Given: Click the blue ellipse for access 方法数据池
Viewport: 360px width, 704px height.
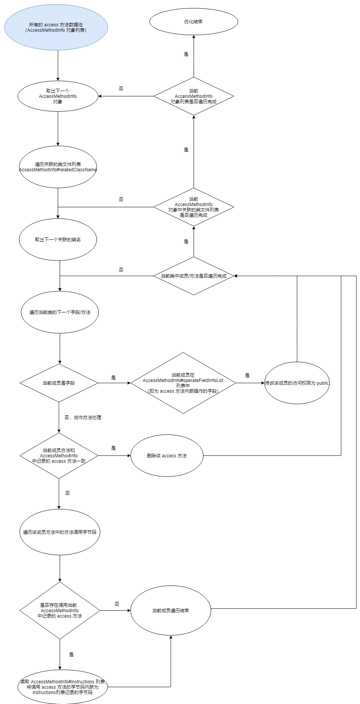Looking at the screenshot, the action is point(56,27).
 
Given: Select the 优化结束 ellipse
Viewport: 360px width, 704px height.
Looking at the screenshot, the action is point(194,22).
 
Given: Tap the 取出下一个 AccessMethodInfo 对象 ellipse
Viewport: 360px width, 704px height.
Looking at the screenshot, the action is point(58,96).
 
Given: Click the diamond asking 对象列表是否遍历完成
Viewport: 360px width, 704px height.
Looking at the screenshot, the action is point(194,96).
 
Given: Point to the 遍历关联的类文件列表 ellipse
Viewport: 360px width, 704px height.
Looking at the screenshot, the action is point(58,167).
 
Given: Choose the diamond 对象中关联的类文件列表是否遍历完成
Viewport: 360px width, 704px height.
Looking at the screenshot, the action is point(194,207).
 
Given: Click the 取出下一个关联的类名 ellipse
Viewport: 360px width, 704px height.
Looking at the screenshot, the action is point(58,240).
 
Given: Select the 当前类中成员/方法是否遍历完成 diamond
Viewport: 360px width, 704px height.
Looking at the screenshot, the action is point(194,276).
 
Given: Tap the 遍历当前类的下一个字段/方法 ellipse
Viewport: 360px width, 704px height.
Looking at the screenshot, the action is point(60,312).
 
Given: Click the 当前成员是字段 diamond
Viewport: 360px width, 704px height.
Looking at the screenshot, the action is point(59,383).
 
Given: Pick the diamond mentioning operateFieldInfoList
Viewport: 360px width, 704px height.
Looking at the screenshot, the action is point(183,383).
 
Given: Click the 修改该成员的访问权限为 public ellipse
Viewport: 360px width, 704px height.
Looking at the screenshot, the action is point(297,383).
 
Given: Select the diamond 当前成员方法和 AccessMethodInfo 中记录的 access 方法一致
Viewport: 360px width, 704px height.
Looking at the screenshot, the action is point(59,455).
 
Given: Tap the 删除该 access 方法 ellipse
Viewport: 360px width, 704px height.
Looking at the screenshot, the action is point(167,455).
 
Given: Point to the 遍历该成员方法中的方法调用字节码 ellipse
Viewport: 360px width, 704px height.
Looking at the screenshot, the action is point(60,532).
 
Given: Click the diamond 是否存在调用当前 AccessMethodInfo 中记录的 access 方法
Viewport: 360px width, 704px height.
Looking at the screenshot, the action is point(60,610).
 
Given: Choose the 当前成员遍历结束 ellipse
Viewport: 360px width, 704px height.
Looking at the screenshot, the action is point(171,610).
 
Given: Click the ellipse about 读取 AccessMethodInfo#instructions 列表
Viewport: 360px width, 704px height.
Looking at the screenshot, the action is point(62,687).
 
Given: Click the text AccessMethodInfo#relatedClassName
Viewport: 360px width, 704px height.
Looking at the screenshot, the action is point(58,169).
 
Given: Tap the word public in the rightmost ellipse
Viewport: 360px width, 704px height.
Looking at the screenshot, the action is point(323,383).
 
